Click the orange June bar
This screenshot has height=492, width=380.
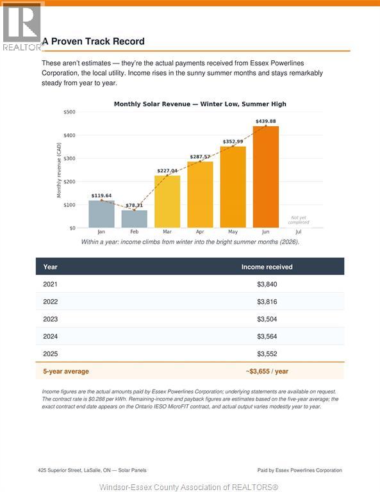click(x=265, y=177)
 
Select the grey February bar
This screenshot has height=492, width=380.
click(x=135, y=218)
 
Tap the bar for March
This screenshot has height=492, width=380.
click(x=167, y=201)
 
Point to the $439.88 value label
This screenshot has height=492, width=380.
click(x=266, y=121)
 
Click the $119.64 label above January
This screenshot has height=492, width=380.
click(x=101, y=195)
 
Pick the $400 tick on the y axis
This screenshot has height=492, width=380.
click(x=69, y=135)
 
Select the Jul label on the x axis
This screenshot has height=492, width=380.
click(x=299, y=232)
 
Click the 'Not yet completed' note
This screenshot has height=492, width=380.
click(x=299, y=220)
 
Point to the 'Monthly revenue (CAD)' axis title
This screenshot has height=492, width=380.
click(x=59, y=170)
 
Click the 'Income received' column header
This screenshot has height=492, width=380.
click(x=267, y=267)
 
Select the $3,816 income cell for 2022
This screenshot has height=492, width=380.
click(x=267, y=302)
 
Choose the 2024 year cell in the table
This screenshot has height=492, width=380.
click(x=50, y=336)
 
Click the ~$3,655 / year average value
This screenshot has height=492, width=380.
click(x=267, y=371)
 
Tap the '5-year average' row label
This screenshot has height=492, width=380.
click(x=66, y=371)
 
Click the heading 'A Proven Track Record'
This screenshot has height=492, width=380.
click(x=94, y=42)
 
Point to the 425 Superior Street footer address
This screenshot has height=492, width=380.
click(x=92, y=470)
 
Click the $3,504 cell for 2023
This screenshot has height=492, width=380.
click(x=267, y=319)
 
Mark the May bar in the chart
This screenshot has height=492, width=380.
click(x=233, y=187)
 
